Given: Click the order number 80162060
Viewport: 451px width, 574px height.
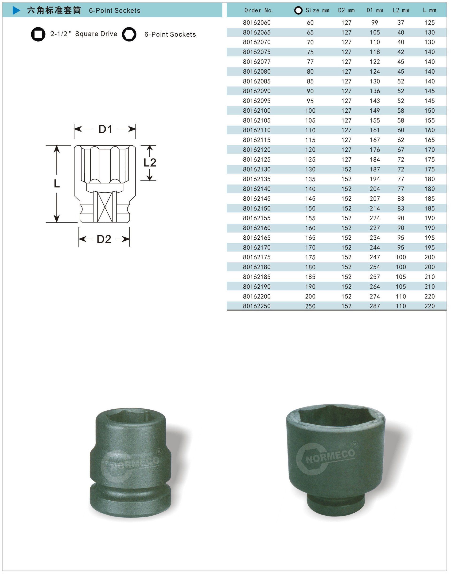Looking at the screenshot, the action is pos(257,23).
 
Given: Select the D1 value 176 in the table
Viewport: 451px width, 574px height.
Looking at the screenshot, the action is pos(374,150).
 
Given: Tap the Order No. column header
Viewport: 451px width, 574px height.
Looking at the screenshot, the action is pos(259,11).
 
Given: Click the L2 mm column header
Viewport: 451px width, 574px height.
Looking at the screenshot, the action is pos(400,11).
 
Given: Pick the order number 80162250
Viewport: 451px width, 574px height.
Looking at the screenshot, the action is pos(257,306).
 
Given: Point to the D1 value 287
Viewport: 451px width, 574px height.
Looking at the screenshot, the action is pos(374,306).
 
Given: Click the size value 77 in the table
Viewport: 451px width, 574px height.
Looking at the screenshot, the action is pos(310,62).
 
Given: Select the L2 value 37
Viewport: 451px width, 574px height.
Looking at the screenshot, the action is pos(400,23).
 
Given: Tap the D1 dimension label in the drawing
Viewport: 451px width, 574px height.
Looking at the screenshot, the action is pos(106,129).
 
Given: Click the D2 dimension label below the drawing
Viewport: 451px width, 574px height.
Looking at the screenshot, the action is pos(104,239).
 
